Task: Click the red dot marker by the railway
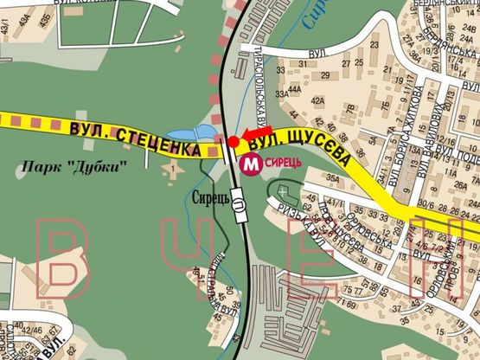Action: point(234,140)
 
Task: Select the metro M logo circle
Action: point(252,164)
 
